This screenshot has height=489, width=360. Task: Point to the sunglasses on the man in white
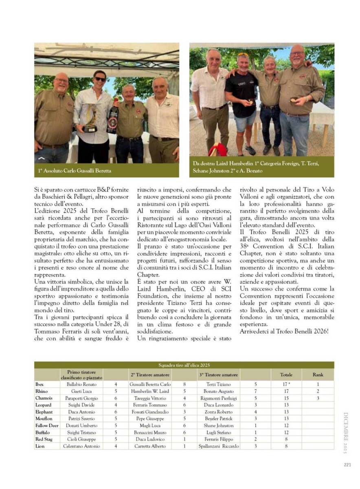pyautogui.click(x=99, y=78)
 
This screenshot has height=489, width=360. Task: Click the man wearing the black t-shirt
pyautogui.click(x=241, y=102)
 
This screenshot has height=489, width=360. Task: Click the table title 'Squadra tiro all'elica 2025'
pyautogui.click(x=184, y=365)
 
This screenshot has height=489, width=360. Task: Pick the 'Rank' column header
pyautogui.click(x=318, y=374)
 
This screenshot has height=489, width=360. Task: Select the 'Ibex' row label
pyautogui.click(x=40, y=384)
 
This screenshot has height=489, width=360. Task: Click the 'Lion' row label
pyautogui.click(x=40, y=446)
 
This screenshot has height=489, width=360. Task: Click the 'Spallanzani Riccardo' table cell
pyautogui.click(x=218, y=446)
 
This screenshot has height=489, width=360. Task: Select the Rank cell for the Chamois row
pyautogui.click(x=318, y=398)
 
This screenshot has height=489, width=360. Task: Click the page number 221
pyautogui.click(x=347, y=465)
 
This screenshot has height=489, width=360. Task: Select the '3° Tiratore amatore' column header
pyautogui.click(x=218, y=374)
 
